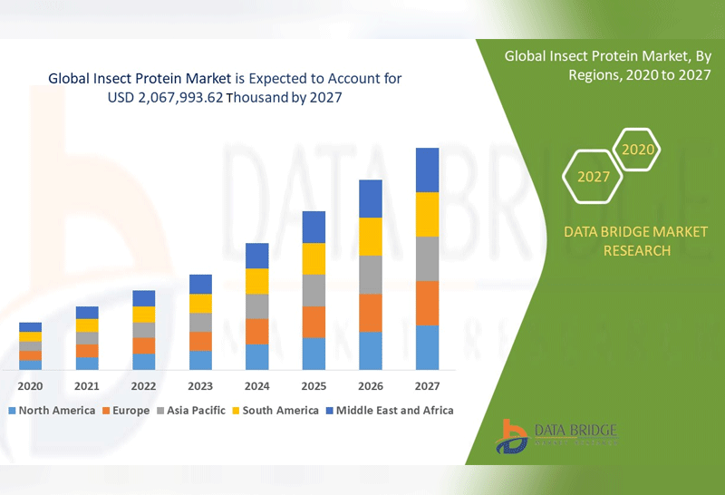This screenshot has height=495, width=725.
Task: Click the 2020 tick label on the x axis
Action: coord(30,385)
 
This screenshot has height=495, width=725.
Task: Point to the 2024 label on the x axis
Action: coord(256,385)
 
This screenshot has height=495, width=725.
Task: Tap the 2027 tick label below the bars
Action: coord(427,385)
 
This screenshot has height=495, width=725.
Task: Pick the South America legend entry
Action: coord(275,411)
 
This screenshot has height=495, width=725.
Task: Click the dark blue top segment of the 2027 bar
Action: coord(427,170)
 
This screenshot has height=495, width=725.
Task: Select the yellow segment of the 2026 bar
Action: coord(371,237)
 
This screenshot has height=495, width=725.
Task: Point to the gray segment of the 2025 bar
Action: coord(314,290)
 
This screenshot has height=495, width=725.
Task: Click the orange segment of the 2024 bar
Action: coord(257,331)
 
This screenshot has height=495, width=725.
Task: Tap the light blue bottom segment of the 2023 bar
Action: coord(200,360)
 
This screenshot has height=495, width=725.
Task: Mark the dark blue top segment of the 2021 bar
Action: coord(87,313)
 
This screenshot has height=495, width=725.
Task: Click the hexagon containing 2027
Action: coord(594,176)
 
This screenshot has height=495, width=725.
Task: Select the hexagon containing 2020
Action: coord(638,149)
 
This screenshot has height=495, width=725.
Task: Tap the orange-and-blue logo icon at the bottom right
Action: coord(514,437)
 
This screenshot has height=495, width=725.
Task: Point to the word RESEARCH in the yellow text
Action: coord(635,250)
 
